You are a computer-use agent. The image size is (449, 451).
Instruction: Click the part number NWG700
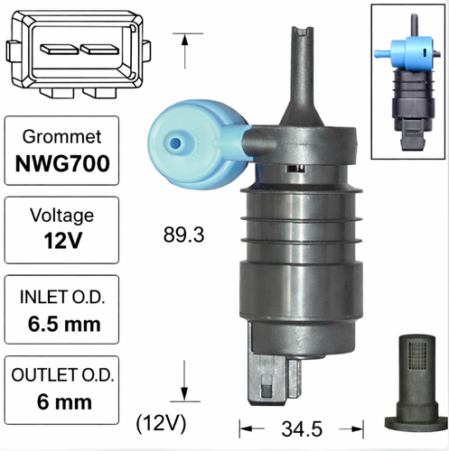[x=62, y=164]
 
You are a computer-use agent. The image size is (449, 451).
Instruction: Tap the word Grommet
[x=62, y=137]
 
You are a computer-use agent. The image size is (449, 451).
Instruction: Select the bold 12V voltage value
[x=63, y=241]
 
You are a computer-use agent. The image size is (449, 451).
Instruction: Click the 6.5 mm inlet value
[x=64, y=324]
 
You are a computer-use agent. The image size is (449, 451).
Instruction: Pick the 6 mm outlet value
[x=64, y=402]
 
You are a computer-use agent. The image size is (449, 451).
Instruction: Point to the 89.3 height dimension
[x=183, y=235]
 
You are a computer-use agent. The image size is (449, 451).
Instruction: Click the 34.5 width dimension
[x=302, y=429]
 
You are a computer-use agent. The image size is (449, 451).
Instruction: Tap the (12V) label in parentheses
[x=161, y=424]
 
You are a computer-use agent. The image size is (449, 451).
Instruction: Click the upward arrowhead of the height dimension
[x=184, y=41]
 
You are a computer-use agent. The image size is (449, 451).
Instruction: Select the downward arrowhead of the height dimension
[x=184, y=394]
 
